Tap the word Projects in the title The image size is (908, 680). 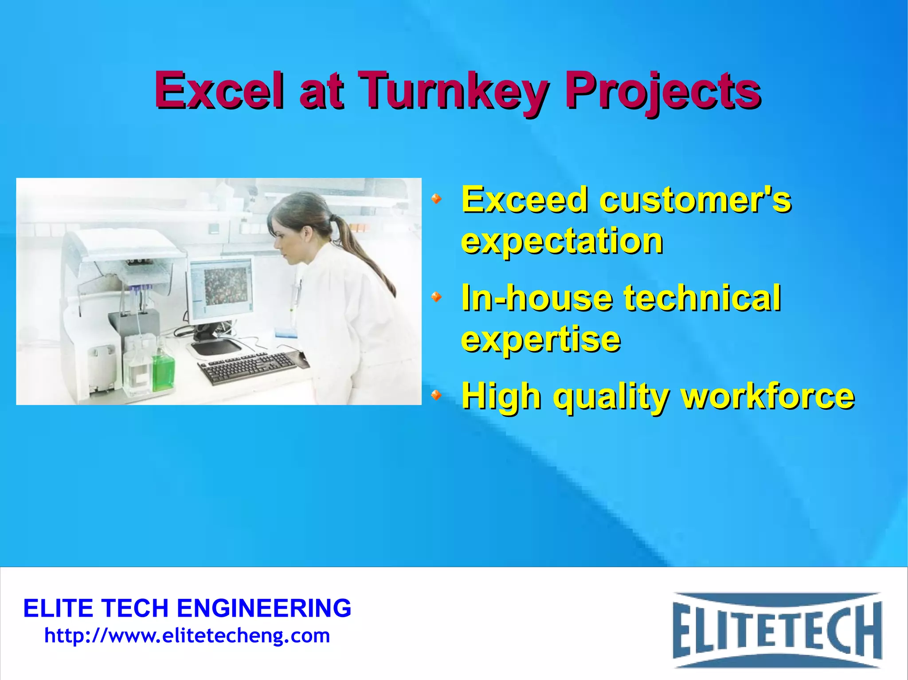[662, 92]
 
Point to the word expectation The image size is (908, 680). [562, 241]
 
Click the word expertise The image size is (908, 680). [540, 339]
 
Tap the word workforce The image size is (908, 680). [767, 396]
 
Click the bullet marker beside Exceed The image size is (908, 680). [437, 199]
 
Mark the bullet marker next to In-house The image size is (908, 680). [437, 296]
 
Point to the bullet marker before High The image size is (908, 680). [437, 394]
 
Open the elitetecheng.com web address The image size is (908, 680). [187, 636]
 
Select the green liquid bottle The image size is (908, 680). [163, 371]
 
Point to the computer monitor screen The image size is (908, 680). [221, 285]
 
